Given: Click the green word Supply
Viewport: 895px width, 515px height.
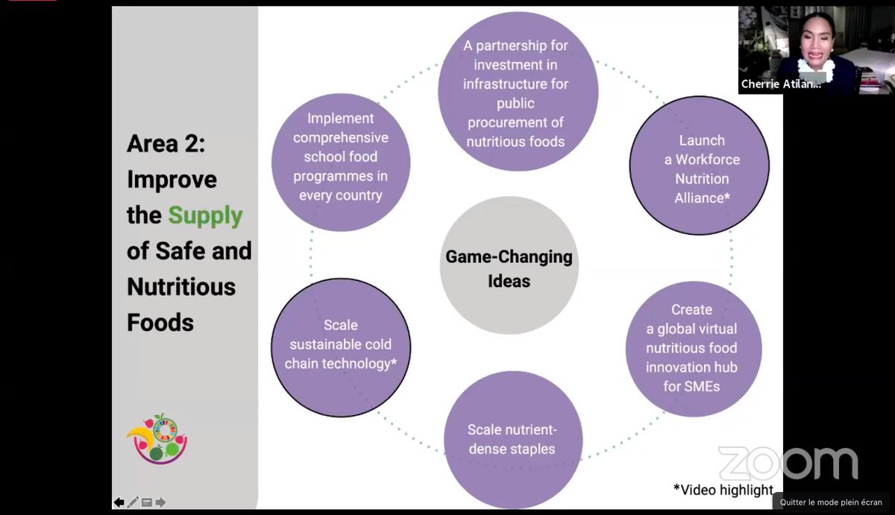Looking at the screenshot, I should (205, 216).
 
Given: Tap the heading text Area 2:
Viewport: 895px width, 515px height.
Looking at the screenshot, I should (166, 144).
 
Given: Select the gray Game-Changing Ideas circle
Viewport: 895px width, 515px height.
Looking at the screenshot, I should (509, 266).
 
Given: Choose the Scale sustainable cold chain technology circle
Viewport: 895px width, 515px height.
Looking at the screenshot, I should (340, 346).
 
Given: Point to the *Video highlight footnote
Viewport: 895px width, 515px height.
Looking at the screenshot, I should (723, 490).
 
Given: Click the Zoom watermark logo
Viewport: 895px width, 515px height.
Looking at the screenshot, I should (788, 464).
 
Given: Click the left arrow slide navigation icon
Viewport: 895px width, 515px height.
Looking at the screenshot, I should (119, 502).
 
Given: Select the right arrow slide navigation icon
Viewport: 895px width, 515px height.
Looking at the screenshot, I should (160, 502).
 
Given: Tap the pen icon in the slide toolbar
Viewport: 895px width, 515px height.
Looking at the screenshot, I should (133, 502).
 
